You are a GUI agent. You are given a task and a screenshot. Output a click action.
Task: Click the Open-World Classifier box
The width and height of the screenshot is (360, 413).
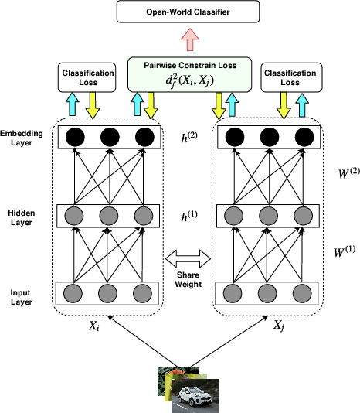180,13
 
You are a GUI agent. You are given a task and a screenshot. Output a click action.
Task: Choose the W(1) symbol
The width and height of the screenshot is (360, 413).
345,251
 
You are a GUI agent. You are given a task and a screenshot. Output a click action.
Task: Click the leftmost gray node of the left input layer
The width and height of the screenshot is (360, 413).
74,294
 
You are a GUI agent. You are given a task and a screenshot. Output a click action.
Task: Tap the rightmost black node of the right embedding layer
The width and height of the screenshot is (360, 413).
301,138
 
